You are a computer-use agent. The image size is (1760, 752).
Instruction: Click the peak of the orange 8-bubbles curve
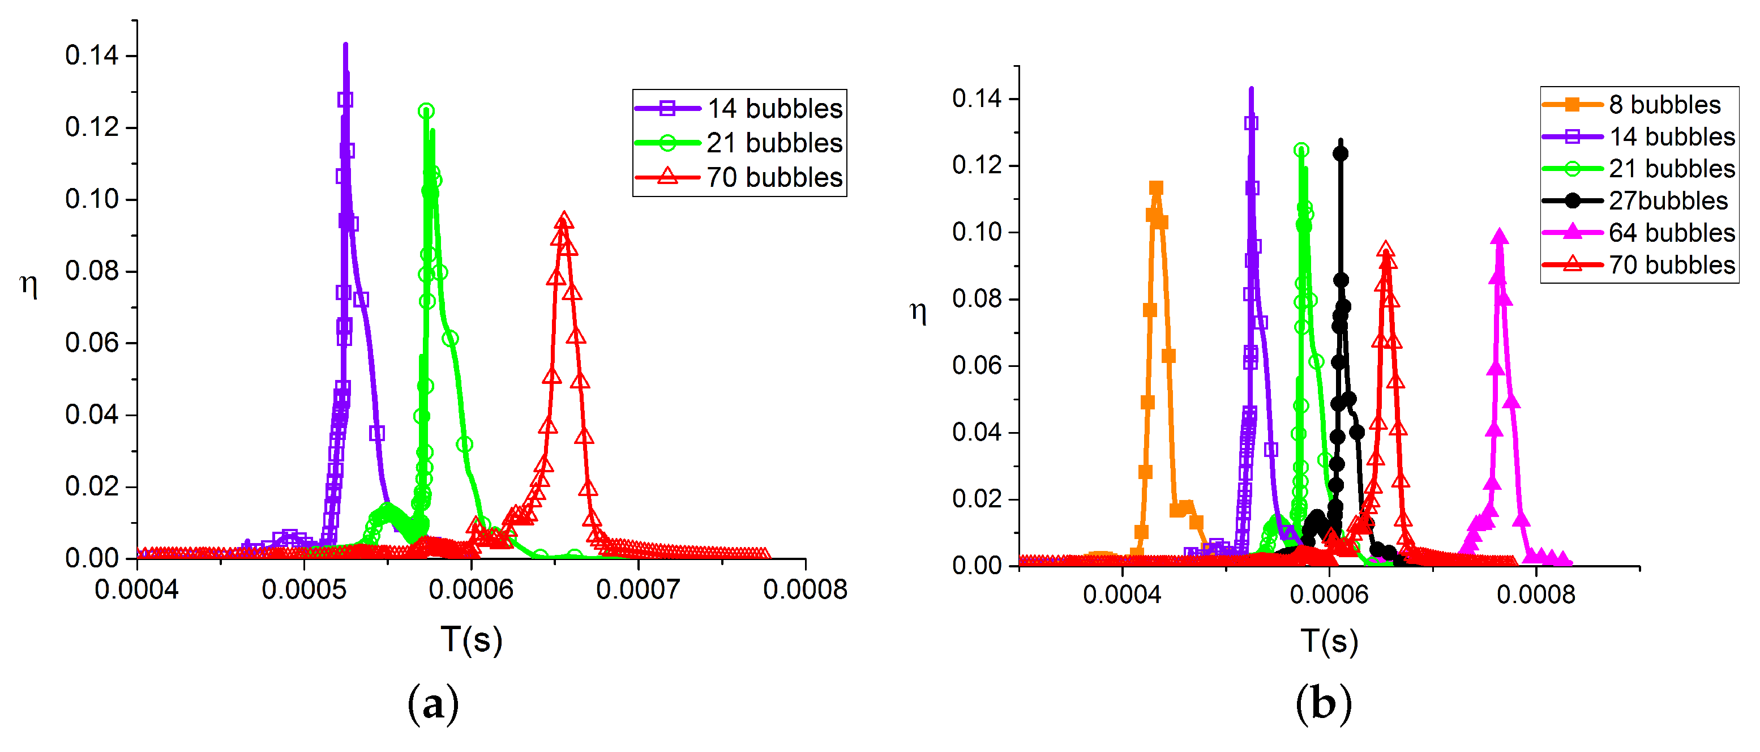[1156, 188]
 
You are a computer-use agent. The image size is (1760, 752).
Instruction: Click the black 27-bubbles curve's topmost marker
[1341, 153]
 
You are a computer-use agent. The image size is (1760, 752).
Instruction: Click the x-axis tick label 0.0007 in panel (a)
[637, 589]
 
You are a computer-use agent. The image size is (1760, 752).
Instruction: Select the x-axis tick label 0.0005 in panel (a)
[304, 589]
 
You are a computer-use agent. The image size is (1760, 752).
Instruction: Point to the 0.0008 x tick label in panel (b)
[1536, 595]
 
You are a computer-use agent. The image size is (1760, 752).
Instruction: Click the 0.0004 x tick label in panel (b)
[1122, 595]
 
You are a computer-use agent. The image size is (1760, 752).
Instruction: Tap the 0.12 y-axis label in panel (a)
[92, 127]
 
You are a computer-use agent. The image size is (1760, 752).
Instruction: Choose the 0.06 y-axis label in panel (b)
[977, 366]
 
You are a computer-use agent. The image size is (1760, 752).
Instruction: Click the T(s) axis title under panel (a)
[472, 640]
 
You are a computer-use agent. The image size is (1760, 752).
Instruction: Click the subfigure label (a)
[433, 704]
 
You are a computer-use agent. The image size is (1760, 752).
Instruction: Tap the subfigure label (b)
[1324, 704]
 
